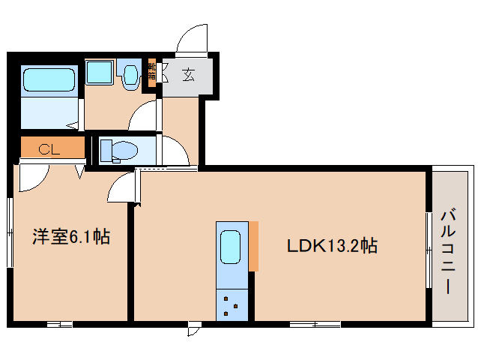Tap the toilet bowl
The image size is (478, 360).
(123, 150)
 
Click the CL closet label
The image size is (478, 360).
(49, 148)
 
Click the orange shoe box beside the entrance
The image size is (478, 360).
(151, 72)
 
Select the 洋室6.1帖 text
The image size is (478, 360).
(70, 238)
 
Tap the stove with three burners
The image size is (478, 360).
(231, 304)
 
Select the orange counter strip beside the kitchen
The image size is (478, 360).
(254, 246)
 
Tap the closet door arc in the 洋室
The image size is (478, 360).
(32, 177)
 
